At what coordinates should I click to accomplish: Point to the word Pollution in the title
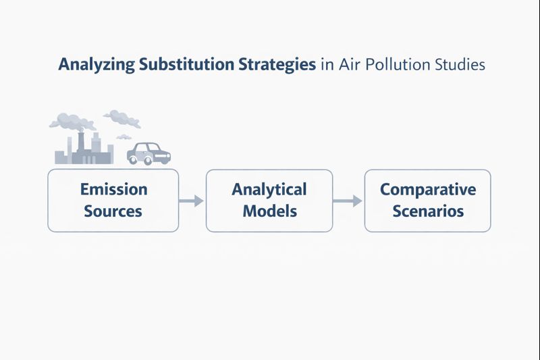402,66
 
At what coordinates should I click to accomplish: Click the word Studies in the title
462,66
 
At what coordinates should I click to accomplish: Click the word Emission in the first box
113,189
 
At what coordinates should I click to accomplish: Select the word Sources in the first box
113,211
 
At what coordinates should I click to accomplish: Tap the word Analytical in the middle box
269,189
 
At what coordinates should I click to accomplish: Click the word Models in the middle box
269,211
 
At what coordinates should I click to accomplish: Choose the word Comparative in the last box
427,189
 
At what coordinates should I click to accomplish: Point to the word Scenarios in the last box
427,211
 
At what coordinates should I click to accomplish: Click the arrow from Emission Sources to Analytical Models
192,201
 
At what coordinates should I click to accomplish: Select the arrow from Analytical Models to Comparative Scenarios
348,201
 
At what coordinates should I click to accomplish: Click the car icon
149,153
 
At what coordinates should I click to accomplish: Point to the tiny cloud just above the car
124,136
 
